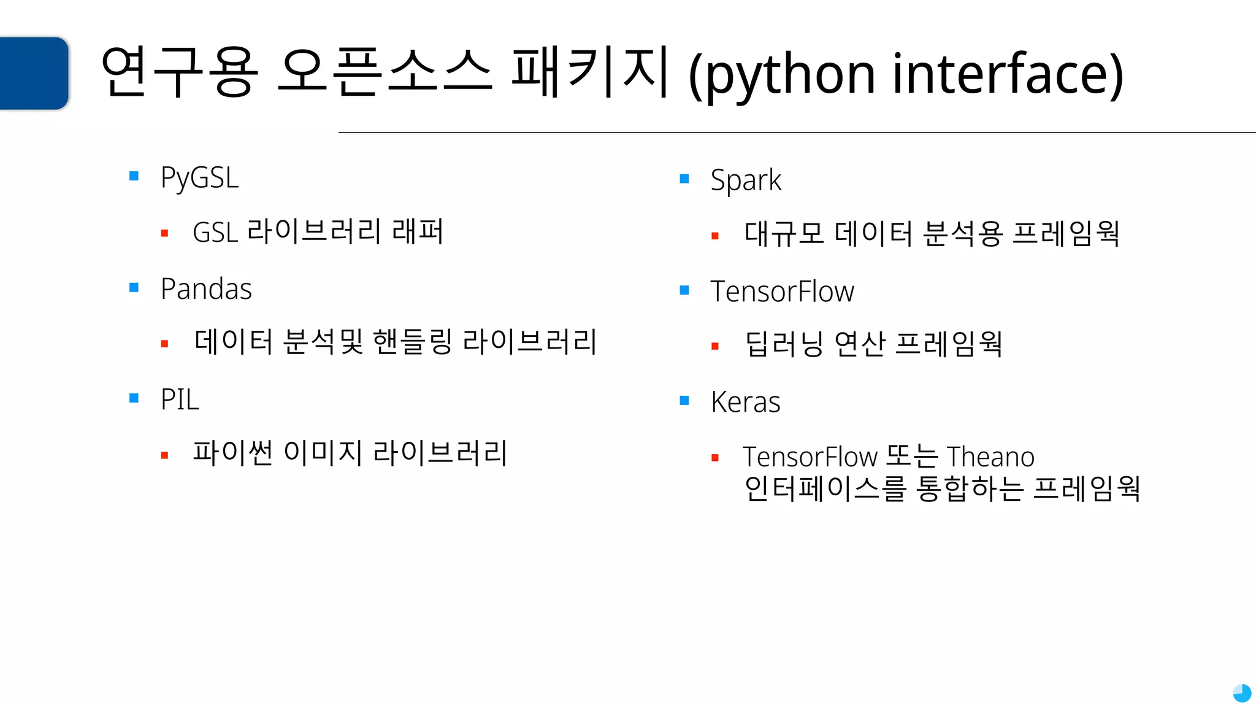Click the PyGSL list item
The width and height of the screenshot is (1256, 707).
pos(199,178)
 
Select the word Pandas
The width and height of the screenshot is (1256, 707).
pos(206,289)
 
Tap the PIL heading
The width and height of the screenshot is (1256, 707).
pos(180,400)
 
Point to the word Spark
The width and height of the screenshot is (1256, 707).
pos(746,180)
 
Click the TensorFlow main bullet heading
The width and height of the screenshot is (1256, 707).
pos(782,292)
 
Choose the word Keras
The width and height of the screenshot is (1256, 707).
pos(745,403)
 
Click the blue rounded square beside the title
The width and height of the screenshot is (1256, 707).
pos(34,73)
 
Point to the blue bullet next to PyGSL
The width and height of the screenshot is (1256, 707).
pos(134,177)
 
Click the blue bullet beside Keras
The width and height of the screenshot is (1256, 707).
pos(684,401)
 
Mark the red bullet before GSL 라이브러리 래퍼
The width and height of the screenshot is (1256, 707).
pos(164,233)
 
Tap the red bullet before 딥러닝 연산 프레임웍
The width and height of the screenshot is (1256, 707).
pos(714,346)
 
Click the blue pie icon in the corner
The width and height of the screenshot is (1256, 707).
pos(1242,693)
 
